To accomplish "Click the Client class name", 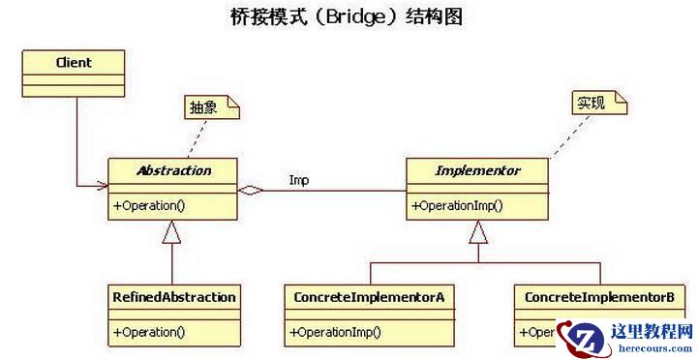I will [74, 63].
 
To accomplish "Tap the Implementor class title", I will [477, 170].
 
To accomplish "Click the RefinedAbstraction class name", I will [172, 296].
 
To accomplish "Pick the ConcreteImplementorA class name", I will [369, 296].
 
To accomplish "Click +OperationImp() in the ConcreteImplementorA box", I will [335, 332].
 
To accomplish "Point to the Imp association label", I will [298, 180].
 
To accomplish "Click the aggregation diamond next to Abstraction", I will [251, 191].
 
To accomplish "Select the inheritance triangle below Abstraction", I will [172, 232].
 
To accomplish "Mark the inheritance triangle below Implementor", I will [478, 232].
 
